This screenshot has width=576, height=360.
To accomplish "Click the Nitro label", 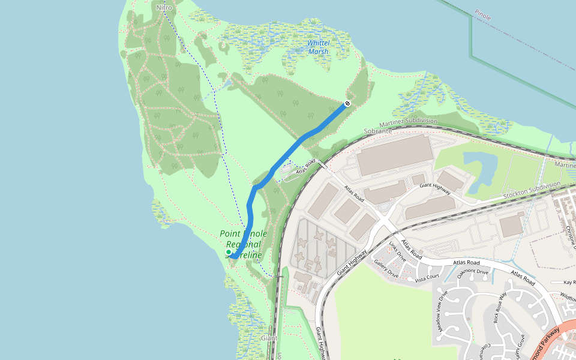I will [163, 8].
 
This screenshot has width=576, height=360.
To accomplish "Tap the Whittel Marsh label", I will [318, 47].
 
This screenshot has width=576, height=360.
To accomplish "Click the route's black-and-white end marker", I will [347, 103].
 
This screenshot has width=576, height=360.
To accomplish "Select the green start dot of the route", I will [229, 252].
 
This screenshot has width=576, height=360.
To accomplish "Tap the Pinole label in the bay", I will [482, 15].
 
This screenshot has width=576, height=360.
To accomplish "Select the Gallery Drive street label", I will [386, 268].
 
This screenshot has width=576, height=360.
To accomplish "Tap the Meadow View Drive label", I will [443, 311].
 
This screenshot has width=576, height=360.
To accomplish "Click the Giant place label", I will [269, 338].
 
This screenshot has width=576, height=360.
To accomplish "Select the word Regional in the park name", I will [243, 244].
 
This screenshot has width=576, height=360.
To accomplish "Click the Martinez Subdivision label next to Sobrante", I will [407, 123].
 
